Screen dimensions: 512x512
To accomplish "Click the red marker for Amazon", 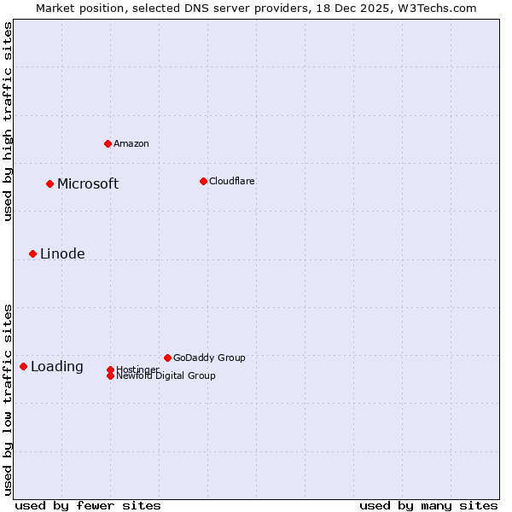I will (x=108, y=143).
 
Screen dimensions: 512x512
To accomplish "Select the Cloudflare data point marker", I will (x=203, y=181).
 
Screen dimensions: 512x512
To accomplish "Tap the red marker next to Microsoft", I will (x=49, y=183).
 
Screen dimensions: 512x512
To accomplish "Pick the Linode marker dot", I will (x=32, y=253).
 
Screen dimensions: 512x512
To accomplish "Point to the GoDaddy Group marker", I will (x=167, y=358).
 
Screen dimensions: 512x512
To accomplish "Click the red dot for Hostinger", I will (x=110, y=369).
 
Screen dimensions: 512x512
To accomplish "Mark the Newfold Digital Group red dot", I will (x=110, y=375).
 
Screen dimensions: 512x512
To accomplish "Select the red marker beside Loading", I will (x=23, y=366).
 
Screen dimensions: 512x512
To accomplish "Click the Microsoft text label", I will (x=88, y=184).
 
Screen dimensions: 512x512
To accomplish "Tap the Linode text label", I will (x=62, y=254).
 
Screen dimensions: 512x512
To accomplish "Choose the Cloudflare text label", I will (x=231, y=181).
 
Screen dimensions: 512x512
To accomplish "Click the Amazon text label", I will (x=131, y=143).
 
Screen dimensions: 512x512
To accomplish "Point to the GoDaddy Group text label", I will (x=209, y=358).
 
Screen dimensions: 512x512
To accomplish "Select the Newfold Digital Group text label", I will (x=166, y=376).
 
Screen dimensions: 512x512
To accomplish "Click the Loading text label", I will (x=57, y=367).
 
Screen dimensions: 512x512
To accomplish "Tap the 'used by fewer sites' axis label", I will (x=88, y=505).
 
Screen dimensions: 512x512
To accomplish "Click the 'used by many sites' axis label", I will (x=428, y=505).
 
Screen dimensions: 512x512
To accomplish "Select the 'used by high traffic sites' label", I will (x=8, y=121).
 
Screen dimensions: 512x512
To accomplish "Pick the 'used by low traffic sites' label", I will (x=8, y=399).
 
